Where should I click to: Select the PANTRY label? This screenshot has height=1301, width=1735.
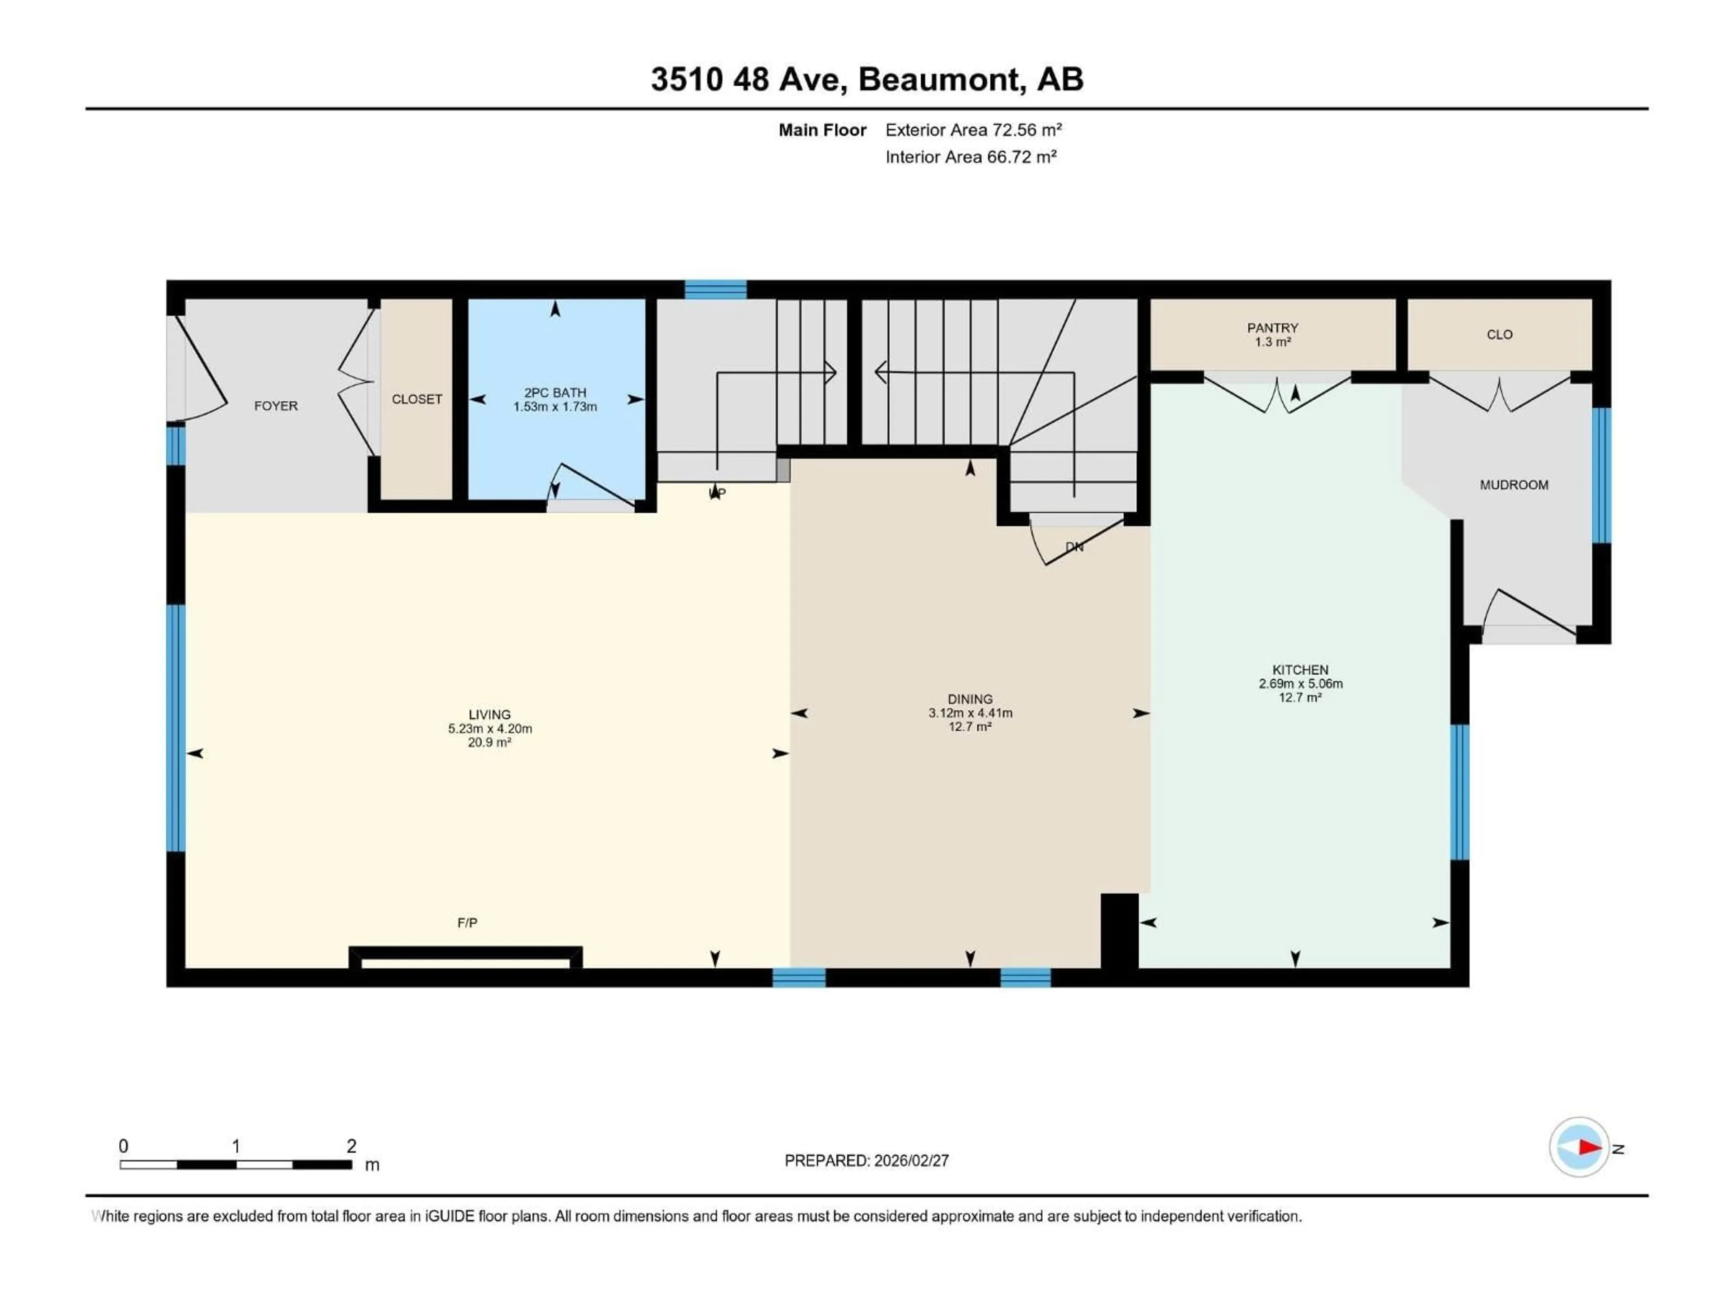coord(1272,328)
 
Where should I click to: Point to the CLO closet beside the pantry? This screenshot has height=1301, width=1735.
coord(1499,335)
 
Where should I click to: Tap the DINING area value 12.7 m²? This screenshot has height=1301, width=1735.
coord(970,727)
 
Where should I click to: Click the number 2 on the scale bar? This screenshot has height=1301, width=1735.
coord(352,1146)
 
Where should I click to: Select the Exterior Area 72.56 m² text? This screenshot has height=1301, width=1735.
coord(973,130)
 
